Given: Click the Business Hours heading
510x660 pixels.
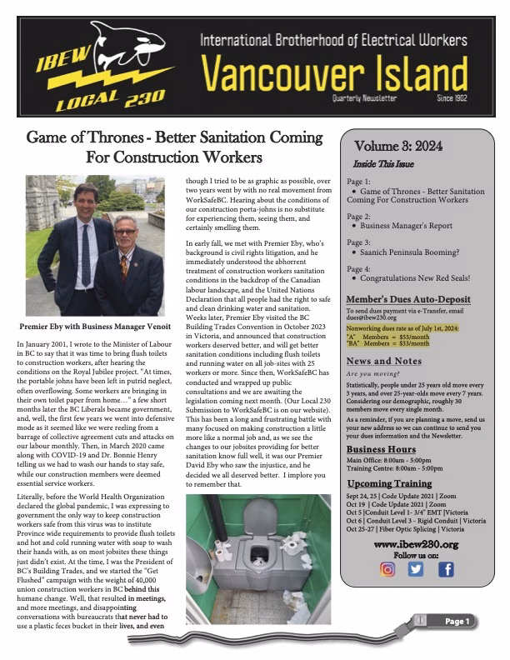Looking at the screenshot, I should pyautogui.click(x=382, y=449).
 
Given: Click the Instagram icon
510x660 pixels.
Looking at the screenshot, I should pyautogui.click(x=387, y=570).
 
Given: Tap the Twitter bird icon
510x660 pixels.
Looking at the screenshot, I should pyautogui.click(x=416, y=570).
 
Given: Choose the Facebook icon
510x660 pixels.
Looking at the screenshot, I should pyautogui.click(x=445, y=570).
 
